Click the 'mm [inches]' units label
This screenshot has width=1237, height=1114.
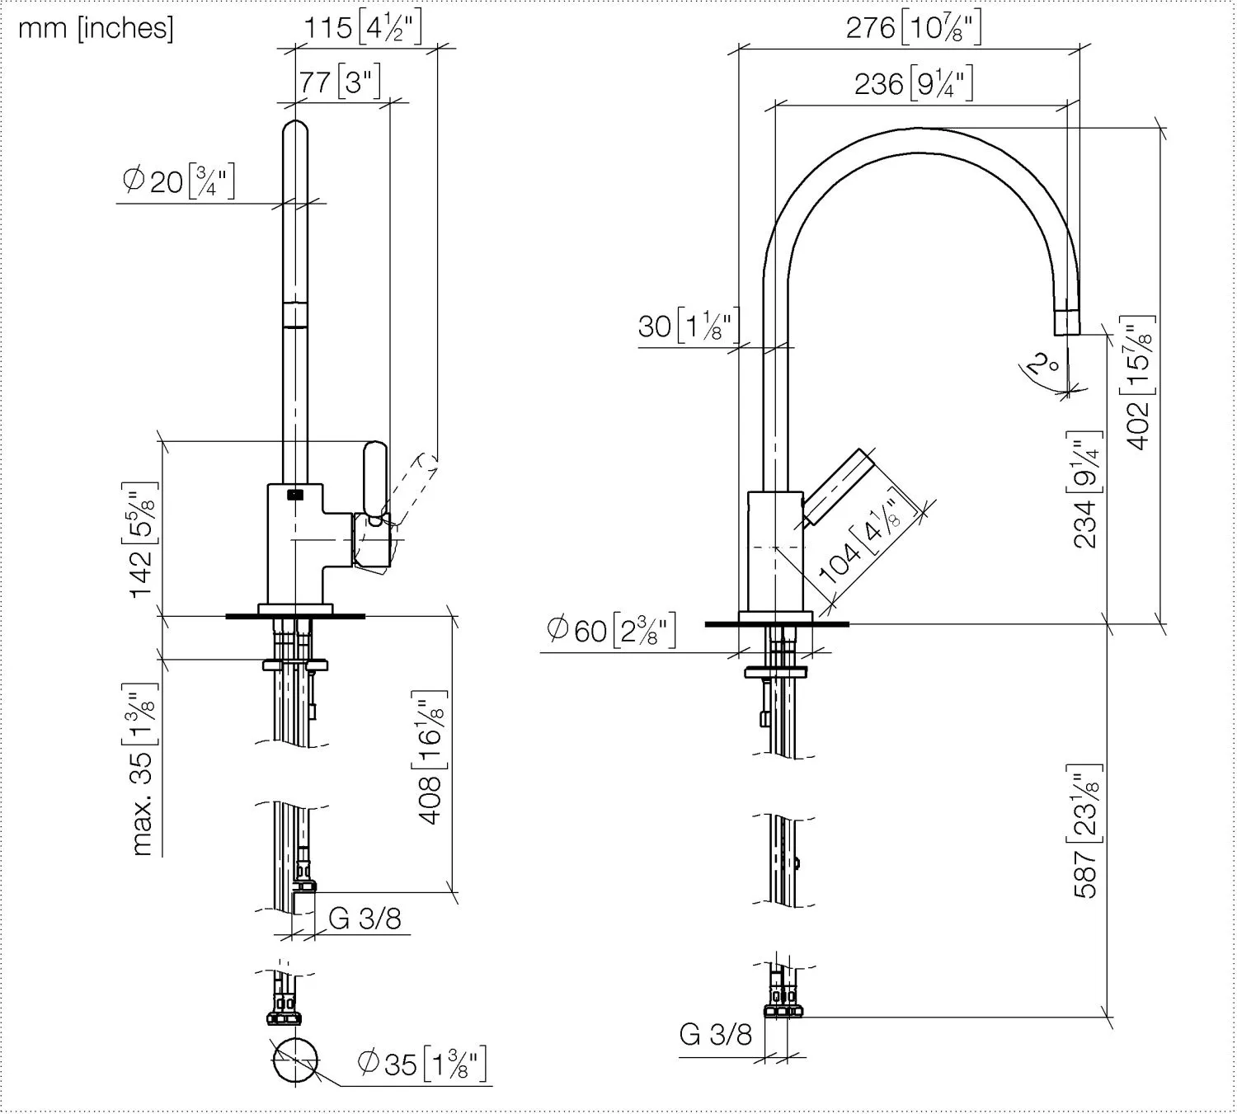tap(96, 28)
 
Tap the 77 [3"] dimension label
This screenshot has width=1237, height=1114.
tap(340, 82)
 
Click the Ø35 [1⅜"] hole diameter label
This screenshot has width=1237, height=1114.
tap(421, 1063)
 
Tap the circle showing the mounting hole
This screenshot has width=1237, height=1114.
tap(295, 1060)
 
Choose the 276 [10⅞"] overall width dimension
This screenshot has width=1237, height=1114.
tap(913, 28)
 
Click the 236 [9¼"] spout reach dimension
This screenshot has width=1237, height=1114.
tap(913, 84)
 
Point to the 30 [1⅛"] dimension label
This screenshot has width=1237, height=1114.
tap(689, 326)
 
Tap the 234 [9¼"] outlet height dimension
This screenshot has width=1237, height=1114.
tap(1087, 490)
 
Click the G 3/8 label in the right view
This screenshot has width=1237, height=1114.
tap(715, 1034)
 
